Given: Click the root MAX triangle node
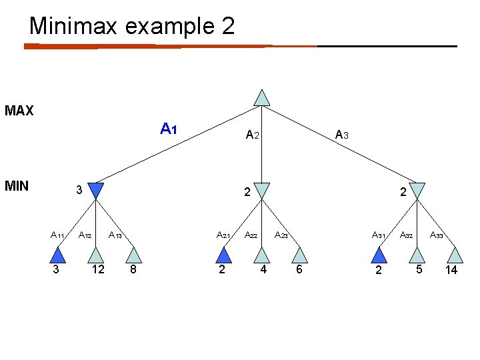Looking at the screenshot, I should [263, 98].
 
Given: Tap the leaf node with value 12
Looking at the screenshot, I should [97, 256].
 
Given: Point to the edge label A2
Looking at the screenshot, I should [252, 135].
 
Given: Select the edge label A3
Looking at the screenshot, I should [342, 135].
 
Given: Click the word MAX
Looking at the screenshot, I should [19, 111].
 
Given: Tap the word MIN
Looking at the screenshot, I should [17, 185].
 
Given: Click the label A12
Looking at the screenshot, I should [85, 235].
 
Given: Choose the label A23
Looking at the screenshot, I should [281, 235].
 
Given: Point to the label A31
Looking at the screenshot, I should [379, 235].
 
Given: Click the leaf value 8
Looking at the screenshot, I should [133, 270].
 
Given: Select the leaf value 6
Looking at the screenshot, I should [299, 270].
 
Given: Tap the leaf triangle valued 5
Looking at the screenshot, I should [417, 255].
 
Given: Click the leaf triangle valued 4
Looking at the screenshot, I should [263, 255].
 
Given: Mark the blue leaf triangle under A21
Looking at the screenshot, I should [224, 255].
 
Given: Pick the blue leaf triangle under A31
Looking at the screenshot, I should [379, 255].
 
